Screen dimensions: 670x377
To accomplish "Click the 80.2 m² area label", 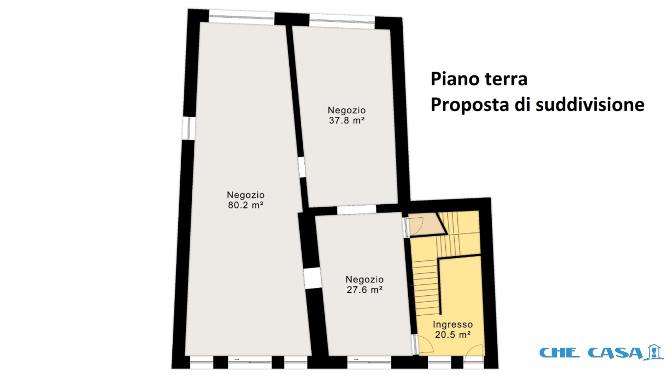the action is (x=246, y=205).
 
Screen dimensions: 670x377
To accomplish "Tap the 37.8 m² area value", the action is (x=347, y=120).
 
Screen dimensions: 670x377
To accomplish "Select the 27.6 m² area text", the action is (x=365, y=290).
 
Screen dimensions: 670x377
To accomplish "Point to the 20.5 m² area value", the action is (x=453, y=335).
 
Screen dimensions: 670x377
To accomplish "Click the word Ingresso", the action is (x=453, y=325).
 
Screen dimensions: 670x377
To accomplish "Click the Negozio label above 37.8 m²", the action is (x=347, y=110).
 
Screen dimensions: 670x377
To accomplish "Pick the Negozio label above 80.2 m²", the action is (x=246, y=195).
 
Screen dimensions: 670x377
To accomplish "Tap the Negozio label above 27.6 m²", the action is (x=365, y=280).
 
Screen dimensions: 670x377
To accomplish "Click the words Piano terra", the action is (x=479, y=79).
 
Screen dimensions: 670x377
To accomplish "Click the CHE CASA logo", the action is (x=601, y=352).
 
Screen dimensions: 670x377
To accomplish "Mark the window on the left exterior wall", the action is (x=189, y=128).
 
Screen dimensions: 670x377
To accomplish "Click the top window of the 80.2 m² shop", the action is (x=241, y=17).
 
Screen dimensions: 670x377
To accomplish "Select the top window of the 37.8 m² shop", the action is (x=342, y=21).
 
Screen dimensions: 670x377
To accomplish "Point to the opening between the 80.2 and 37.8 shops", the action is (x=302, y=167).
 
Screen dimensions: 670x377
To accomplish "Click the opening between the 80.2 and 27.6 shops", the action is (x=313, y=279).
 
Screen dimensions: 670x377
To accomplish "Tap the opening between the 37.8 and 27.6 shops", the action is (x=357, y=209).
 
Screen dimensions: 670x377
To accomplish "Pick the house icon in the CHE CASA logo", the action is (x=655, y=352).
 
